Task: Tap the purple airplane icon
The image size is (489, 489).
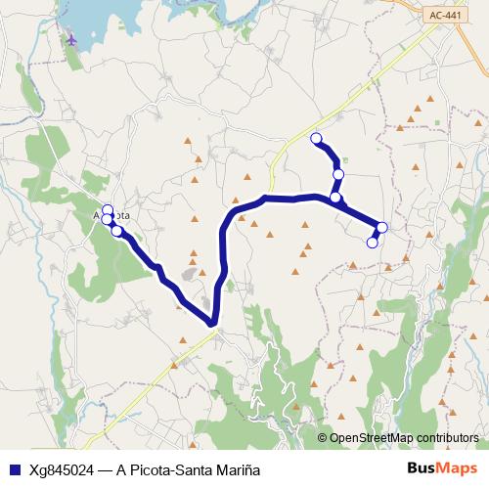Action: pyautogui.click(x=72, y=39)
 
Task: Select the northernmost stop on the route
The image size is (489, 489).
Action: pyautogui.click(x=316, y=139)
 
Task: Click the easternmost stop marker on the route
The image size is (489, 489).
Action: pyautogui.click(x=381, y=228)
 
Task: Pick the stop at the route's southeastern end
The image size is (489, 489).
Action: pyautogui.click(x=372, y=243)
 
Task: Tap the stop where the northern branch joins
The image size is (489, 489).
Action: pyautogui.click(x=335, y=198)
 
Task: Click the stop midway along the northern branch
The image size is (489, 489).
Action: pyautogui.click(x=338, y=174)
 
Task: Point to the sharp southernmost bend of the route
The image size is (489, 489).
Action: pyautogui.click(x=212, y=322)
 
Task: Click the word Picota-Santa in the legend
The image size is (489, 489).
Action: pyautogui.click(x=175, y=468)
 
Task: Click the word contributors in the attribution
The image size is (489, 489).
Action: pyautogui.click(x=447, y=437)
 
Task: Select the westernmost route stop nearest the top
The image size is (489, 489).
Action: pyautogui.click(x=108, y=210)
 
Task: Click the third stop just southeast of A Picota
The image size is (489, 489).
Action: pyautogui.click(x=117, y=231)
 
